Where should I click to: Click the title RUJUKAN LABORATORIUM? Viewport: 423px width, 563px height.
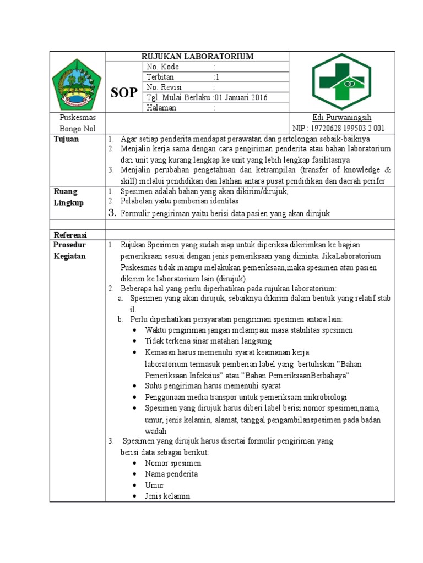click(197, 56)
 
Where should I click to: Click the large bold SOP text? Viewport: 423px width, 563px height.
click(124, 92)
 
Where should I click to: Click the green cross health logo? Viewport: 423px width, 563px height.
click(341, 82)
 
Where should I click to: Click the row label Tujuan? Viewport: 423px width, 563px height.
click(66, 139)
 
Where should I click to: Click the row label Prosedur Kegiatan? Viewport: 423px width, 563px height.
click(69, 250)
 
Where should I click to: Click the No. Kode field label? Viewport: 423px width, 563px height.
click(162, 67)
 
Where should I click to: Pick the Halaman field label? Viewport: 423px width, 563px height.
click(161, 108)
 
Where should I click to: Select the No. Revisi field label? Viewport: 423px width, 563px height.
click(164, 87)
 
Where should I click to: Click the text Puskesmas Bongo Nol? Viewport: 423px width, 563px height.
click(77, 123)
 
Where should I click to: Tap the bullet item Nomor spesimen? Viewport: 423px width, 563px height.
click(173, 463)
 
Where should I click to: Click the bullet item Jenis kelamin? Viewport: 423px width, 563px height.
click(167, 495)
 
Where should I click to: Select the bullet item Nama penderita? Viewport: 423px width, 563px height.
click(171, 474)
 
